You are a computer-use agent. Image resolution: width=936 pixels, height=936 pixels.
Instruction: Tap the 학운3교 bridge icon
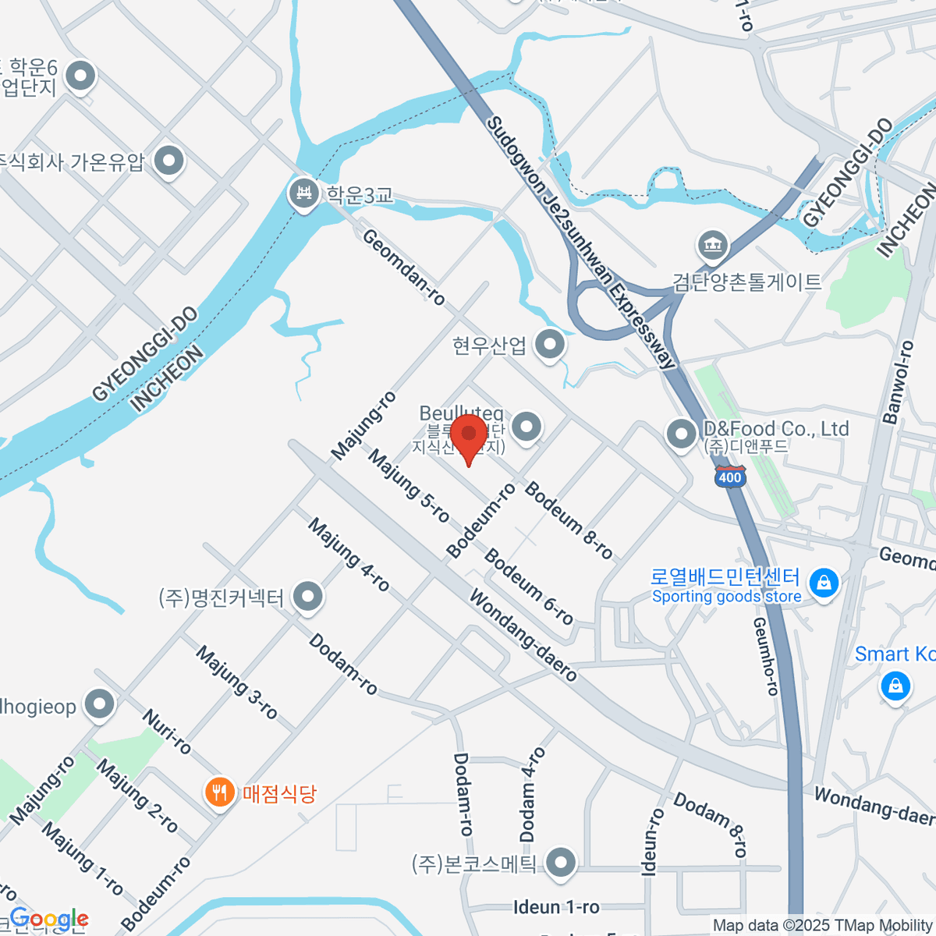303,193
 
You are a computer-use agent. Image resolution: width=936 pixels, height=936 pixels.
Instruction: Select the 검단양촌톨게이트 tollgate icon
712,246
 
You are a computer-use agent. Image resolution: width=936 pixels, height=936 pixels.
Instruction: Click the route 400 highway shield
730,477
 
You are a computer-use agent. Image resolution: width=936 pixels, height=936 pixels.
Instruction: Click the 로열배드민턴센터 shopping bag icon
824,583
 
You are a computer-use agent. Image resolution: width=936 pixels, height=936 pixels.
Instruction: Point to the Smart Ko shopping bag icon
895,686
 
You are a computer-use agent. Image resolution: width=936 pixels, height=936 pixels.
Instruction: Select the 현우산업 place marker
551,344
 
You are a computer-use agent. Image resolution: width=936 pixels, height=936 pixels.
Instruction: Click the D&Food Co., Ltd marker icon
681,433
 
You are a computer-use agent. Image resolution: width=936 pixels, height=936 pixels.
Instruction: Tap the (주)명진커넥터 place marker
308,597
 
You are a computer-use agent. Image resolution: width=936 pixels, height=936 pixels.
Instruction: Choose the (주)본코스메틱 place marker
560,863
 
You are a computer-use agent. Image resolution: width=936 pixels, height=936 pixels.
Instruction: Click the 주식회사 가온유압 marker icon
168,161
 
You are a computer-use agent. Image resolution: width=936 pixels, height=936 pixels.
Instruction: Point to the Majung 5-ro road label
409,486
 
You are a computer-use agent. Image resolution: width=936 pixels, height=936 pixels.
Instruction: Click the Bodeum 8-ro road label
569,520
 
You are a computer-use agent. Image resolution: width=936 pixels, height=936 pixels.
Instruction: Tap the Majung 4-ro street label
348,555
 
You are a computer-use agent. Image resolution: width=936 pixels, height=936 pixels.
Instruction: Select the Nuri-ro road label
167,732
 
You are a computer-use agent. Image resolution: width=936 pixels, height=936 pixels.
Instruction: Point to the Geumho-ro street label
766,656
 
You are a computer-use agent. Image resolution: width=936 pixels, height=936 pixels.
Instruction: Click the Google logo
48,919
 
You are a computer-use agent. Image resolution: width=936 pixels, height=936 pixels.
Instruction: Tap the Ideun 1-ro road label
556,907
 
